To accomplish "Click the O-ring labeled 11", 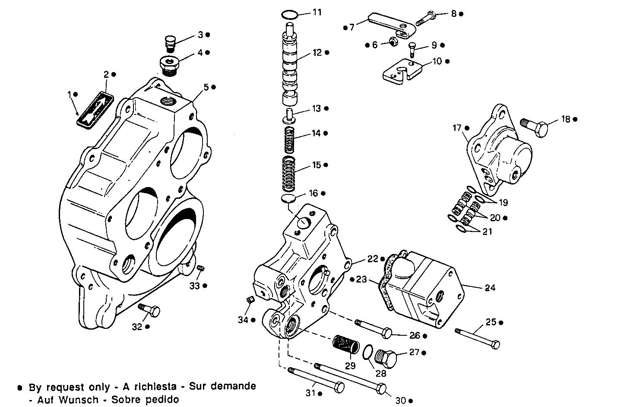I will (x=289, y=15).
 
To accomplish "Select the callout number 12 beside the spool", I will (x=317, y=53).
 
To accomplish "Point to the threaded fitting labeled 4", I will (x=170, y=64).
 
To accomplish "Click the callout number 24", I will (x=490, y=288).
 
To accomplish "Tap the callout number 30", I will (x=401, y=401).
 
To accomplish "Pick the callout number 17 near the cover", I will (x=457, y=128).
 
